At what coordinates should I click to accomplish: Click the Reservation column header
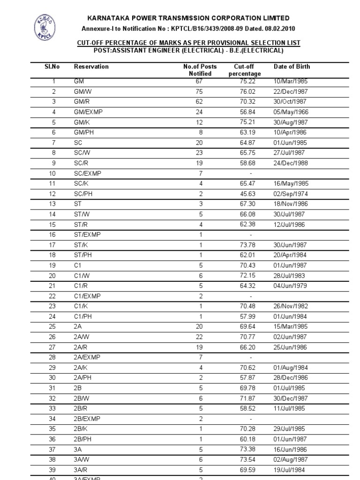[91, 67]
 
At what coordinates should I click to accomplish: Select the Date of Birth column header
[292, 67]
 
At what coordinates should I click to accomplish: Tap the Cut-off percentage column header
[244, 70]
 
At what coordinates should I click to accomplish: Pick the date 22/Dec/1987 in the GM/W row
[291, 91]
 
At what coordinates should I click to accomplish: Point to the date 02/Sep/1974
[291, 194]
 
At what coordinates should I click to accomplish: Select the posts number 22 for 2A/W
[201, 337]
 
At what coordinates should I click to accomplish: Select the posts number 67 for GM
[201, 81]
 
